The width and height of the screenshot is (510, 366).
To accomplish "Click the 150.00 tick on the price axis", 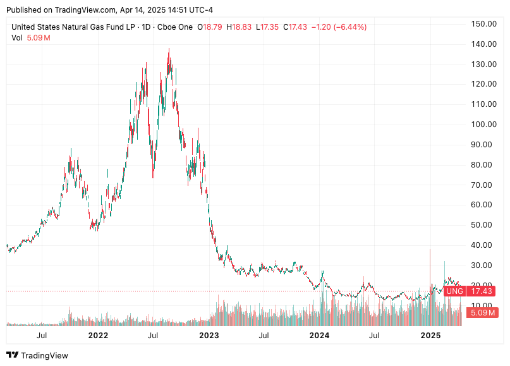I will pos(483,24).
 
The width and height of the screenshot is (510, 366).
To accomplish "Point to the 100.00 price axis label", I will pos(483,125).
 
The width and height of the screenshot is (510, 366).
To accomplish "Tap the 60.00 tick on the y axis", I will pos(483,205).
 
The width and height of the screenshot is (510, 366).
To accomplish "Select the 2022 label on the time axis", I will pos(97,335).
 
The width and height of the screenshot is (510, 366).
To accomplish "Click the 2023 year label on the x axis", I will pos(209,335).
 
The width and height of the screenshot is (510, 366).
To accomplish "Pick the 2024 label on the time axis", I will pos(320,335).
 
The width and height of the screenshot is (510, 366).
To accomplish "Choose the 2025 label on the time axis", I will pos(431,335).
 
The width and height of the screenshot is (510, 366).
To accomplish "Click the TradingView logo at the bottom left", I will pos(37,355).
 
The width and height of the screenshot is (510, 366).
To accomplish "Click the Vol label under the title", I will pos(18,38).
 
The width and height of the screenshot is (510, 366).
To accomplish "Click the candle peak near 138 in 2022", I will pos(169,49).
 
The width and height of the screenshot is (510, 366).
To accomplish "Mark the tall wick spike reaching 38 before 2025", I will pos(430,250).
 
